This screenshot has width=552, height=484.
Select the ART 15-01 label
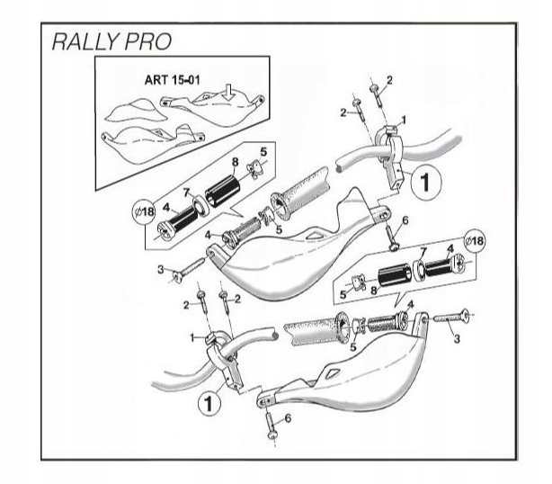point(171,79)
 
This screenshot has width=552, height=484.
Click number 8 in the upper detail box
point(234,162)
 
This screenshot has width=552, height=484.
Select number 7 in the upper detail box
point(186,193)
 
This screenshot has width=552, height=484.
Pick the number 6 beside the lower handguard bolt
point(287,418)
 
